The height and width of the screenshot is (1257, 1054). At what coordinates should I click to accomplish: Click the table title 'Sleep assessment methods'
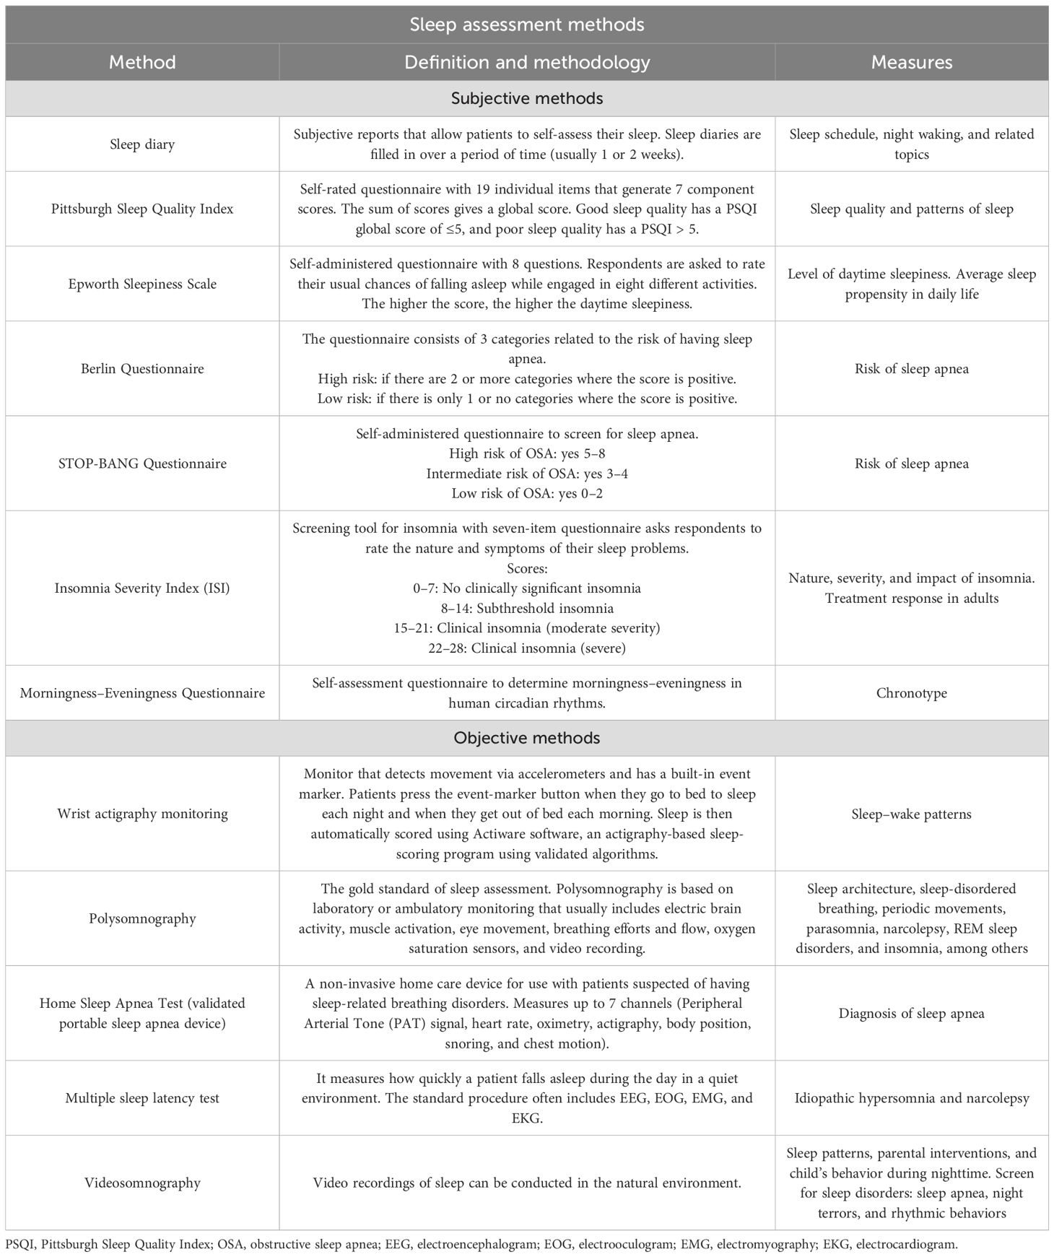[x=526, y=25]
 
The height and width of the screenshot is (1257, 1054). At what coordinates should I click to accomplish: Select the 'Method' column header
[x=142, y=62]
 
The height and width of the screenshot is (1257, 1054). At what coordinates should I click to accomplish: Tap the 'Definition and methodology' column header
[x=527, y=62]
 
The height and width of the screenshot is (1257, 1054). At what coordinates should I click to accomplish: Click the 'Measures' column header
[x=911, y=62]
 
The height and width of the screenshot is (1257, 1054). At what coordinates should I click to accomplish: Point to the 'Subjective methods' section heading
[x=526, y=98]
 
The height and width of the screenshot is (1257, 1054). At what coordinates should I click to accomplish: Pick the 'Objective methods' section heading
[x=526, y=738]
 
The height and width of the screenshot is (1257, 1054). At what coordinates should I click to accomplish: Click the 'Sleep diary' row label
[x=142, y=144]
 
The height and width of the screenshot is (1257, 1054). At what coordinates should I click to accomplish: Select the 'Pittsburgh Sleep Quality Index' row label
[x=142, y=209]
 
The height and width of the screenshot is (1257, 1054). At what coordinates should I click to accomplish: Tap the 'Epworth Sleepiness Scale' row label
[x=142, y=284]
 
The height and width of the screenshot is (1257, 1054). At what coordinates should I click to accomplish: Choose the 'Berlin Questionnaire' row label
[x=142, y=369]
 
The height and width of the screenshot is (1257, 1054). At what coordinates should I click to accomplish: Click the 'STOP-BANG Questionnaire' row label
[x=142, y=464]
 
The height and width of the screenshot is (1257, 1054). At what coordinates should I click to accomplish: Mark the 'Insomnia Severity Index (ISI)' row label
[x=142, y=588]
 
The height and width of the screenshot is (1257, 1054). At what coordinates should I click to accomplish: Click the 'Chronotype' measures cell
[x=911, y=693]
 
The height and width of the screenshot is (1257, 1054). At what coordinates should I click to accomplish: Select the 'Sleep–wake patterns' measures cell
[x=911, y=814]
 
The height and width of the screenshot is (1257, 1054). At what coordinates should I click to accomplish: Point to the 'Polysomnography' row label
[x=142, y=918]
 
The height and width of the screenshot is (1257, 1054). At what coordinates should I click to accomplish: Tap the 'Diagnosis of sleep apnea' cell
[x=911, y=1014]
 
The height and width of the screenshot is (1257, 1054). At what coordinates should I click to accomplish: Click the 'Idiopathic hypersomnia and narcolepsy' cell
[x=911, y=1098]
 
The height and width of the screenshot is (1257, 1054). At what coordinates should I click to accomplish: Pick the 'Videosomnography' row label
[x=142, y=1183]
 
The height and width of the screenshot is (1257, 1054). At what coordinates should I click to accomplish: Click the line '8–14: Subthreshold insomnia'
[x=527, y=608]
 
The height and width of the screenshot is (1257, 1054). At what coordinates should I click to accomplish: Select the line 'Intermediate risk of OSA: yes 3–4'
[x=527, y=474]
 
